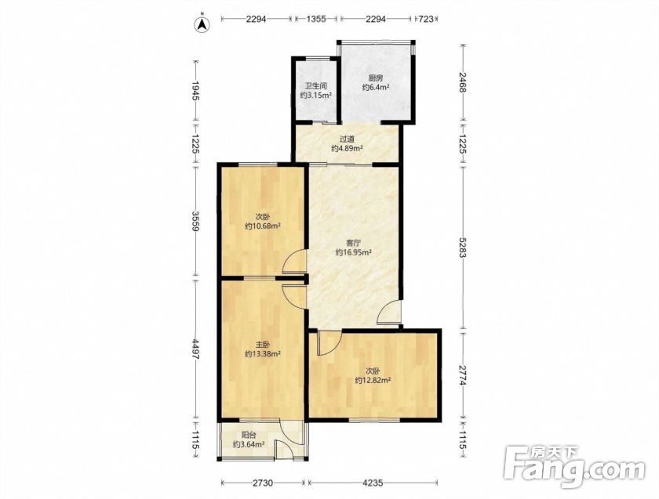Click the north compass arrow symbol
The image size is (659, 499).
tap(202, 25)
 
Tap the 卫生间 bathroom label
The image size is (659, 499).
tap(316, 86)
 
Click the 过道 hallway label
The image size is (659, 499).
tap(347, 139)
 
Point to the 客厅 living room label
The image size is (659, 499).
tap(354, 243)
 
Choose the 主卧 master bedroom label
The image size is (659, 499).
tap(263, 345)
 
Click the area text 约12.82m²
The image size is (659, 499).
tap(373, 381)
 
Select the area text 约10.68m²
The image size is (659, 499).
tap(263, 226)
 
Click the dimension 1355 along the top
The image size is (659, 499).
tap(316, 20)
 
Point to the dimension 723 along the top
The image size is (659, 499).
tap(426, 20)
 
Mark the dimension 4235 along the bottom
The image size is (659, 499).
tap(373, 483)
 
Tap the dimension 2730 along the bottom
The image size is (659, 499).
tap(263, 483)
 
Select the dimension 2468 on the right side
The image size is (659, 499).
tap(462, 82)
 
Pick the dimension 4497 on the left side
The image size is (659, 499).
tap(195, 349)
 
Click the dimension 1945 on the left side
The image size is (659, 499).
tap(195, 91)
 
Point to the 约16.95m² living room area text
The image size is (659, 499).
tap(354, 253)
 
